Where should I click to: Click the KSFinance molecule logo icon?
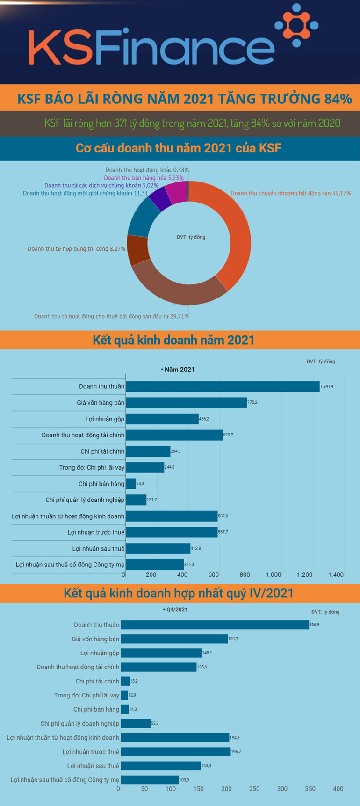[x=296, y=25]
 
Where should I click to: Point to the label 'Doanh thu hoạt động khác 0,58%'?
[x=147, y=170]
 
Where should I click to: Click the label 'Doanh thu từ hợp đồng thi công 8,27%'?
[x=76, y=249]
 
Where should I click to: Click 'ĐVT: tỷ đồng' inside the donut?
[x=191, y=237]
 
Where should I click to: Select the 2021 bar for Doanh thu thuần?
[x=223, y=386]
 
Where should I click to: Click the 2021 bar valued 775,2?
[x=186, y=403]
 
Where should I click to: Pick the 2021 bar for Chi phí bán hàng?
[x=131, y=484]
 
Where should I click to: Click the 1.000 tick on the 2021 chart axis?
[x=274, y=574]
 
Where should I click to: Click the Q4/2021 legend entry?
[x=177, y=610]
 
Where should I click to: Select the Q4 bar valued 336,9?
[x=215, y=625]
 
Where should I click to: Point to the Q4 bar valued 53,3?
[x=136, y=724]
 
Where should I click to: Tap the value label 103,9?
[x=184, y=780]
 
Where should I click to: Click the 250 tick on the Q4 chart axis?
[x=254, y=789]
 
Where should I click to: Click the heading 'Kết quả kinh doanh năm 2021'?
[x=173, y=340]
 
